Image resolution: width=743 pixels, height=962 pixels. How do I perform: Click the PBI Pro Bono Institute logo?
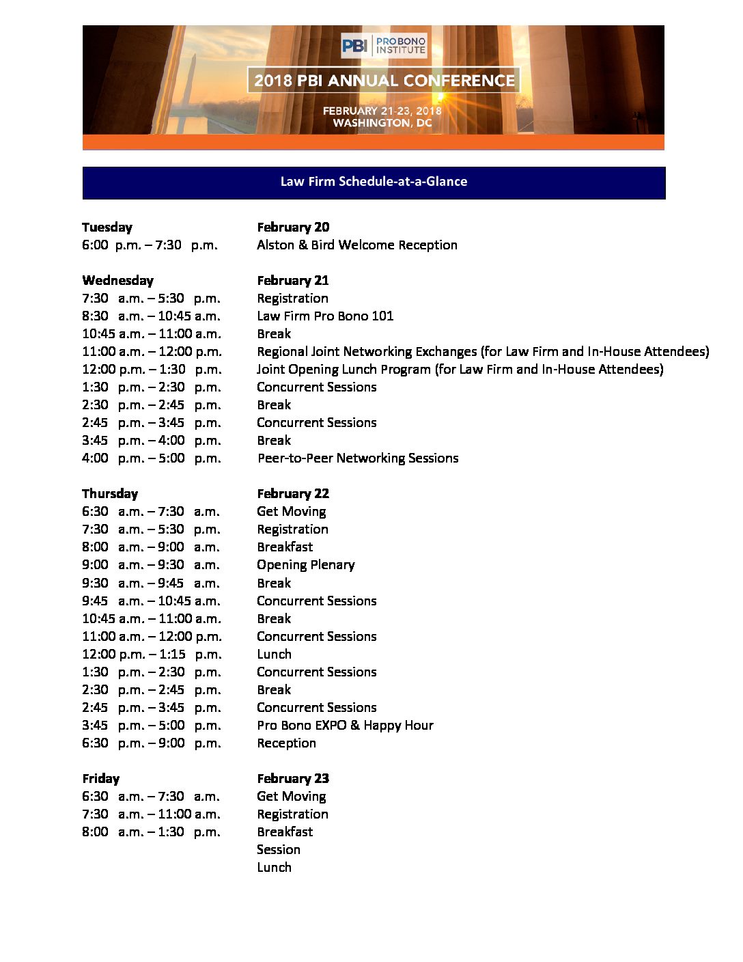(384, 46)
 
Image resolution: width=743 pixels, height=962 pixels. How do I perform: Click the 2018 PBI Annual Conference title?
(384, 80)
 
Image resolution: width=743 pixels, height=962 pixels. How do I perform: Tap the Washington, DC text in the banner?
(382, 123)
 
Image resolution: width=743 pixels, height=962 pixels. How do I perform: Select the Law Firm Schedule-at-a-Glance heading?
(374, 182)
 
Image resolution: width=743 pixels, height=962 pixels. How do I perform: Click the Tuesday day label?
(107, 228)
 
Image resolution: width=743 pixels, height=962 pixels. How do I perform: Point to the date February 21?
(293, 281)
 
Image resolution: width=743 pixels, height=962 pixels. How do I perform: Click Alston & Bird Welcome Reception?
(357, 245)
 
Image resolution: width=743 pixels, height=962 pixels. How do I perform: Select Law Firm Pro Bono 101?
(325, 316)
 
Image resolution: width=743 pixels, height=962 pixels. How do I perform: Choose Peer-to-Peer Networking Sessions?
(358, 458)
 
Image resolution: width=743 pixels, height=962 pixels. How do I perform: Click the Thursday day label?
(110, 494)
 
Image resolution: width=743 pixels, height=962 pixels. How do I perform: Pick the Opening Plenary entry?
(306, 565)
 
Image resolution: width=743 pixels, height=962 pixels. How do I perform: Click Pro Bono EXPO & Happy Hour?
(345, 726)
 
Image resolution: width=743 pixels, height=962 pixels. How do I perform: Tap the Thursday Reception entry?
(286, 743)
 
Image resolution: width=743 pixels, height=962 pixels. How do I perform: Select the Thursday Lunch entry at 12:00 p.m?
(274, 655)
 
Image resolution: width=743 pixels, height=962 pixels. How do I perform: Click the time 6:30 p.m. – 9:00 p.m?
(152, 743)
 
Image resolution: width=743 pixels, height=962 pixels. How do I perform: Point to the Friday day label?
(101, 779)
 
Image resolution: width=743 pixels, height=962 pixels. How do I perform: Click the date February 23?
(293, 779)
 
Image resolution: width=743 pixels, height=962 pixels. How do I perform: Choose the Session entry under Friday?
(279, 850)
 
